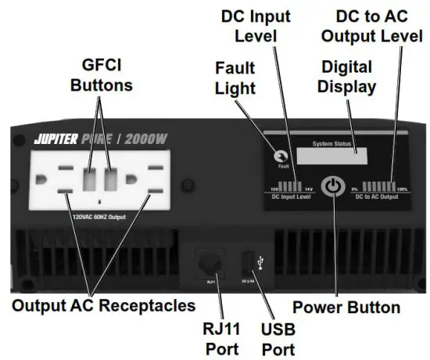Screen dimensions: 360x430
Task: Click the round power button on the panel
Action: tap(335, 187)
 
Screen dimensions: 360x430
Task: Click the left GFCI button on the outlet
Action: tap(91, 179)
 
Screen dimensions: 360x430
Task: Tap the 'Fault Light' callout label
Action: tap(235, 78)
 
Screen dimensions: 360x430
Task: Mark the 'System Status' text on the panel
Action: tap(332, 144)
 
